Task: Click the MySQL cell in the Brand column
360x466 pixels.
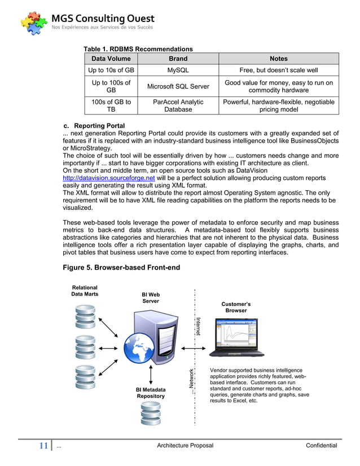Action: coord(178,71)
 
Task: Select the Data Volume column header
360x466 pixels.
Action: coord(111,59)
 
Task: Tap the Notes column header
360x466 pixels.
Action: coord(279,59)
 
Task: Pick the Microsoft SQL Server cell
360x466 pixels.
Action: coord(178,87)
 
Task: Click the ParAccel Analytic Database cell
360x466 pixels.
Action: coord(178,106)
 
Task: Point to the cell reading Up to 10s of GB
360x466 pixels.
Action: coord(111,71)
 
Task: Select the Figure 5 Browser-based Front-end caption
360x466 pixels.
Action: coord(121,267)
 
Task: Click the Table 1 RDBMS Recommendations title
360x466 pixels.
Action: coord(138,49)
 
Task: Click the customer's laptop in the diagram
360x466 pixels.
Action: coord(236,338)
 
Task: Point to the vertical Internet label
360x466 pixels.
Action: coord(198,326)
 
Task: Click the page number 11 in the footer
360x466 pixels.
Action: coord(43,446)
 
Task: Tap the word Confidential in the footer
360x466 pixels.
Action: coord(321,446)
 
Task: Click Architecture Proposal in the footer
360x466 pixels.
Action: coord(185,446)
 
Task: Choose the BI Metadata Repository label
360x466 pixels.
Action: coord(150,393)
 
